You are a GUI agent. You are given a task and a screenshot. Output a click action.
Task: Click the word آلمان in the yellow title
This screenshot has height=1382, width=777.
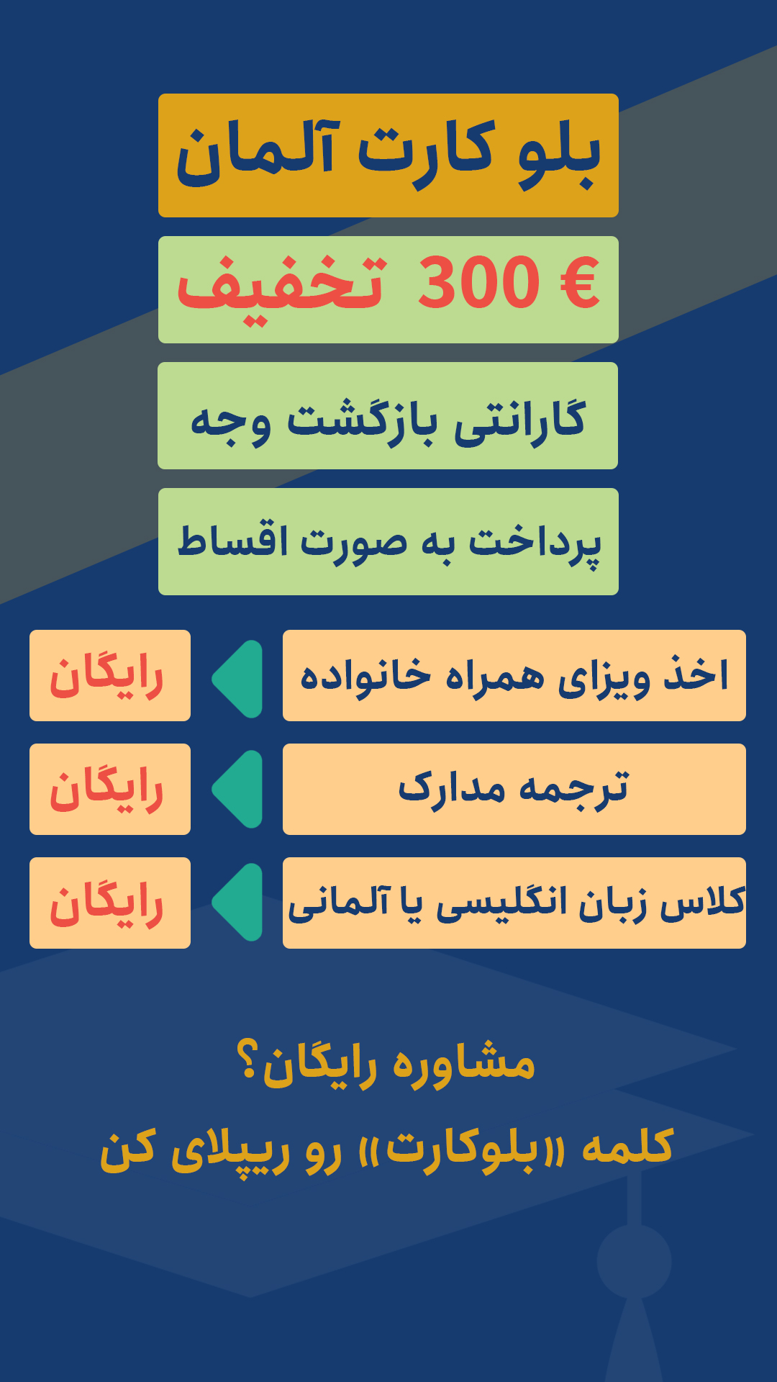click(255, 153)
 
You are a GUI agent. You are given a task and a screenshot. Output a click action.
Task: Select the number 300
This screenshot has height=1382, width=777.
click(478, 282)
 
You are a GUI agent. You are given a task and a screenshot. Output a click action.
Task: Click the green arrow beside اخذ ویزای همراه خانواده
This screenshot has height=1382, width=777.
click(238, 679)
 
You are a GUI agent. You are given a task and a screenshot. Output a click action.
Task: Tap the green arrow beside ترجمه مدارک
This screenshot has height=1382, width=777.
click(238, 789)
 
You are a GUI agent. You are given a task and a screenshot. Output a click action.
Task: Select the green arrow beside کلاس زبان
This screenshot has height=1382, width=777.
click(238, 902)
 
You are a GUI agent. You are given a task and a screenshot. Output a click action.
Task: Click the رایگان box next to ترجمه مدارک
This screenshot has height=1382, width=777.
click(110, 789)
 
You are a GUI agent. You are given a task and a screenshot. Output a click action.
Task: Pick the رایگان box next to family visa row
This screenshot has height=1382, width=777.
click(110, 675)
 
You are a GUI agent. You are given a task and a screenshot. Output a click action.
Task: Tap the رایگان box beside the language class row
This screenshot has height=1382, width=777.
click(110, 903)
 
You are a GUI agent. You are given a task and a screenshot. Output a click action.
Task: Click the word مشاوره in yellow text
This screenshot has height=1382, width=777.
click(464, 1062)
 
